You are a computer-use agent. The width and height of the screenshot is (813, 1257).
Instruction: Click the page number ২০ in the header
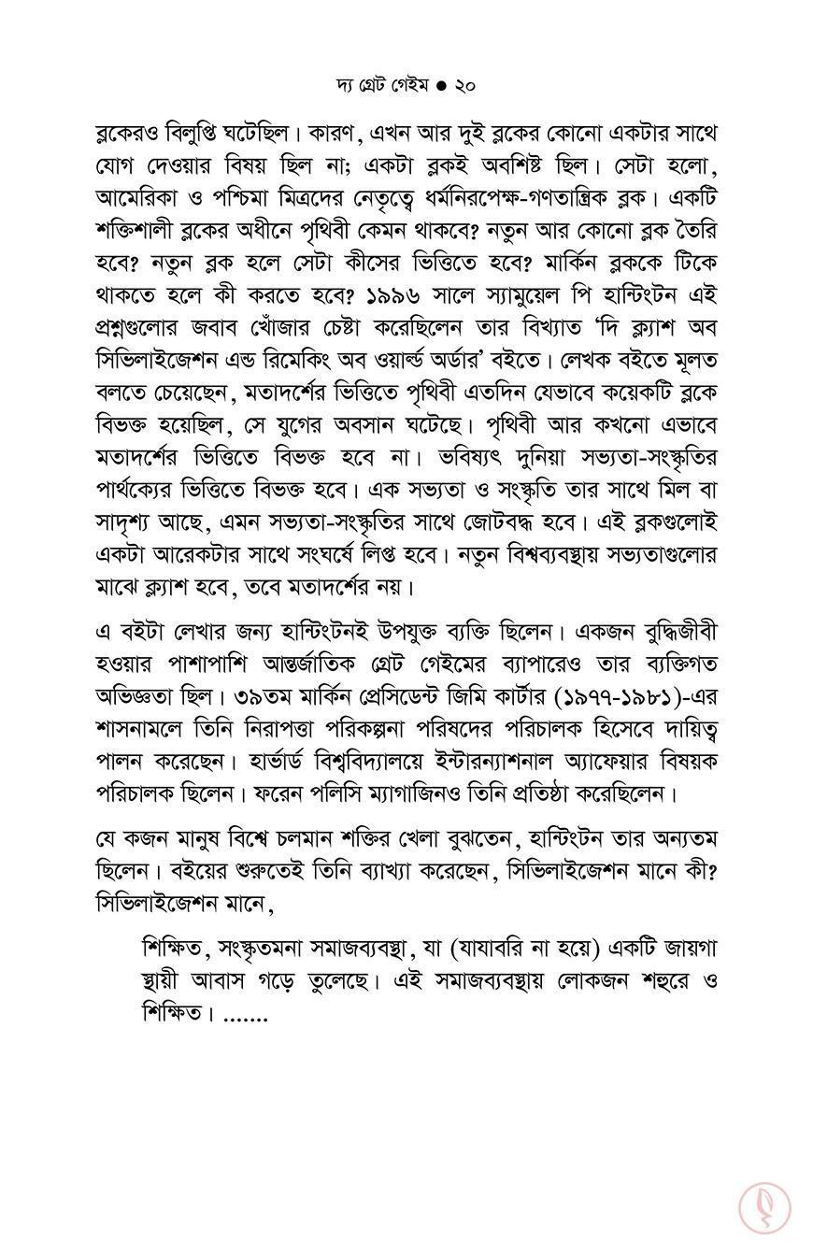point(464,85)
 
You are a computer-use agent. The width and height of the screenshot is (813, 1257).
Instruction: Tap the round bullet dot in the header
point(441,85)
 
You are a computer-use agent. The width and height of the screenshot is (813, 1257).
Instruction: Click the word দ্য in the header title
point(346,85)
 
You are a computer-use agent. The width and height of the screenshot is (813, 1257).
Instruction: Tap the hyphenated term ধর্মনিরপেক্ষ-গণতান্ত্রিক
point(546,198)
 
